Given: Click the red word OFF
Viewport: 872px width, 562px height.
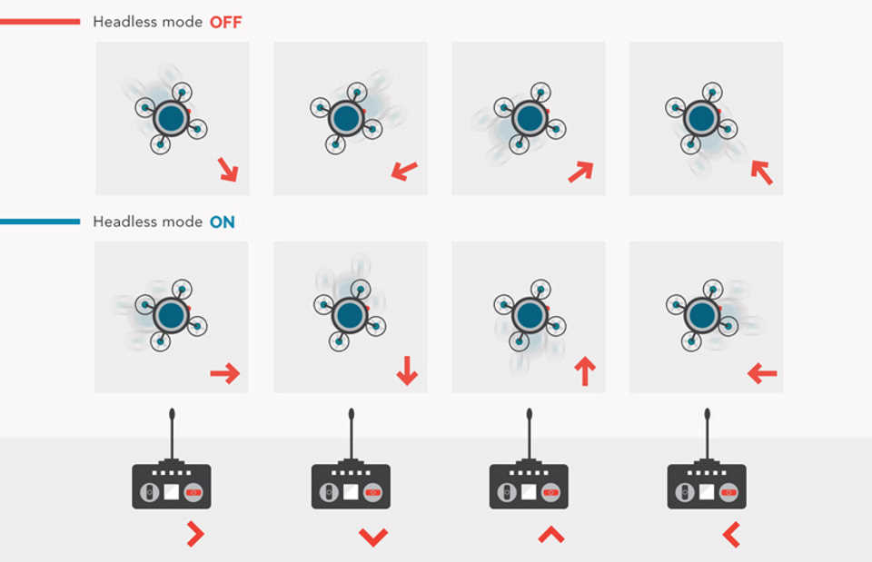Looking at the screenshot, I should [225, 22].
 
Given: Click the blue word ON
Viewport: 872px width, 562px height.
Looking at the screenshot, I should [222, 222].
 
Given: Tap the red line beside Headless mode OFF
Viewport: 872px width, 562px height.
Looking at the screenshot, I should [40, 21].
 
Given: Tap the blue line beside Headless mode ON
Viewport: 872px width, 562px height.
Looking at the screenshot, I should [40, 222].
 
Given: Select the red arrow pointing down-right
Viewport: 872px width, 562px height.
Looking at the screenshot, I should [227, 169].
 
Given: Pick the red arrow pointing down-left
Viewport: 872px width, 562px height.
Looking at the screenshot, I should [404, 170].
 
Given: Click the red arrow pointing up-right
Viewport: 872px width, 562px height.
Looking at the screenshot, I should [581, 171].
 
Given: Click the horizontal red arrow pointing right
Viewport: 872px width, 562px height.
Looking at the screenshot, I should [224, 372].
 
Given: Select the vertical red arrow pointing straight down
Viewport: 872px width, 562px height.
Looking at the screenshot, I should [407, 370].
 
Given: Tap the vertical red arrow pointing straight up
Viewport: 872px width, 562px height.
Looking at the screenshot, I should [585, 370].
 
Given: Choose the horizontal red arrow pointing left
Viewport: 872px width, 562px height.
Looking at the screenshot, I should [762, 372].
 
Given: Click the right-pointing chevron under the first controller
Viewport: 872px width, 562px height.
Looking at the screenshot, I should [194, 534].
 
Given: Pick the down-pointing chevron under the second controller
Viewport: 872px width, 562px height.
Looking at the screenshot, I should [373, 537].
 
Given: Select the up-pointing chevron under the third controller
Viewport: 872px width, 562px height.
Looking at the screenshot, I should [551, 534].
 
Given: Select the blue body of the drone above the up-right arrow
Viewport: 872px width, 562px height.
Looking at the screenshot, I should [528, 117].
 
